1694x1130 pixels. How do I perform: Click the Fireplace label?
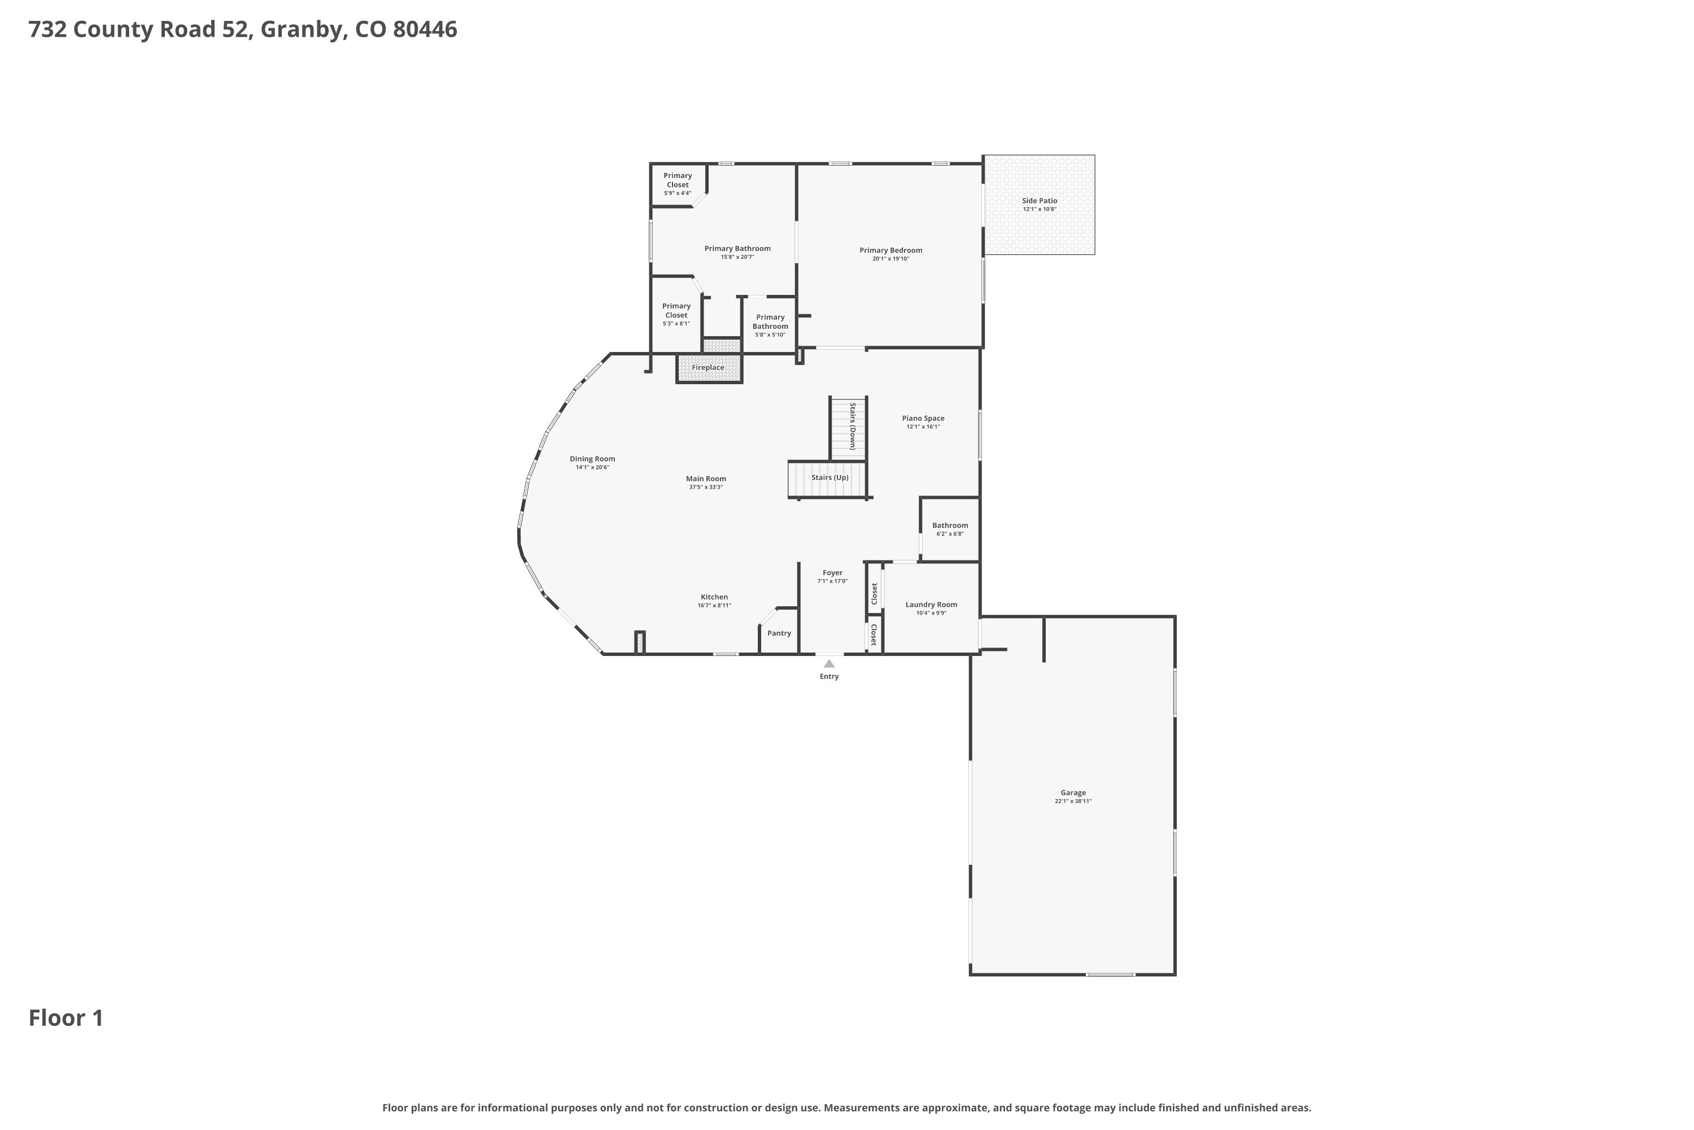[708, 368]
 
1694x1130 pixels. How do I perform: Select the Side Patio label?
[1040, 201]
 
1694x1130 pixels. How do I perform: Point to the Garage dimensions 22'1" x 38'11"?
[1073, 801]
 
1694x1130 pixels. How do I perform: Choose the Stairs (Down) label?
[852, 426]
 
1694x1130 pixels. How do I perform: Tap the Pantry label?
[779, 633]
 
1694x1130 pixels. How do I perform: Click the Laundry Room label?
[931, 605]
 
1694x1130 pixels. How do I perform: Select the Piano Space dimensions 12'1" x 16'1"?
[923, 427]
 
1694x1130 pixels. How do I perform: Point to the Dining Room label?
[592, 459]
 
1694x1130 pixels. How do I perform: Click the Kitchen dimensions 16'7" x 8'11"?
[714, 605]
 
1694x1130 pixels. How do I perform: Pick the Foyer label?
[832, 573]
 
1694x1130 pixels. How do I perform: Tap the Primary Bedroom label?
[891, 251]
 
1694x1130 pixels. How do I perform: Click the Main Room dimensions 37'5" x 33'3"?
[706, 487]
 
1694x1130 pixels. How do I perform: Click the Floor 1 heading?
[66, 1018]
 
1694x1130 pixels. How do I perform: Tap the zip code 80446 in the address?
[425, 29]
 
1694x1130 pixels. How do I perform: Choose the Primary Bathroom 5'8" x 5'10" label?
[771, 326]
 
